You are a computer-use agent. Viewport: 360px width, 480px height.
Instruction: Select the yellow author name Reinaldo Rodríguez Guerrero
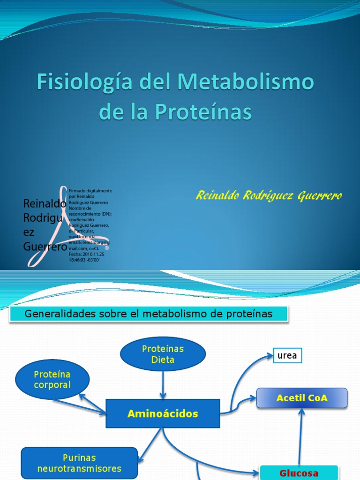pos(269,196)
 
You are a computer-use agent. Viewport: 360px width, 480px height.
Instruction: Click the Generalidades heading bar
pos(148,315)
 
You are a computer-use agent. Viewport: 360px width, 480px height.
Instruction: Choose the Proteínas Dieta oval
pos(163,354)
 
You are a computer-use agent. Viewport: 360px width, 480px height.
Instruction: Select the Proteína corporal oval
pos(52,379)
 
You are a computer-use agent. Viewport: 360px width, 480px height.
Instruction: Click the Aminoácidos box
pos(163,413)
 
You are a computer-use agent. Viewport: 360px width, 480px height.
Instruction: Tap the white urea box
pos(287,356)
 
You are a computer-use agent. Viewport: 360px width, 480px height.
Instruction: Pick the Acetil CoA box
pos(302,398)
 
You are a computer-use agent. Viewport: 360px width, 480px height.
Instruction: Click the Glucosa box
pos(299,472)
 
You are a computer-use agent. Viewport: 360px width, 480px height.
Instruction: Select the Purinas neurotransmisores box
pos(79,462)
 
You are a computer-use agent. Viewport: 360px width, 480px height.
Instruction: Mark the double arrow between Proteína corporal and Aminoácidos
pos(91,403)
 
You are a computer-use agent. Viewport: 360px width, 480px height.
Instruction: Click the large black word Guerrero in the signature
pos(45,247)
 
